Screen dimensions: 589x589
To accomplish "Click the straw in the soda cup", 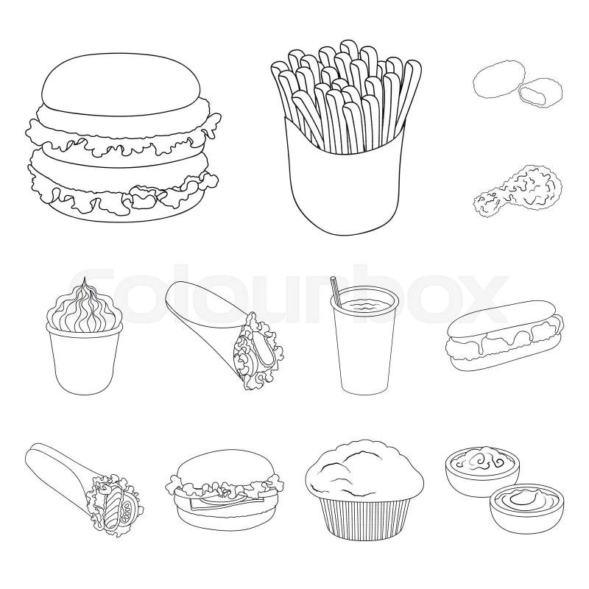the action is coord(336,291).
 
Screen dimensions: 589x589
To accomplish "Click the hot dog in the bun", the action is coord(505,340).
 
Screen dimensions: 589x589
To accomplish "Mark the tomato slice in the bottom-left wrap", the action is coord(130,507).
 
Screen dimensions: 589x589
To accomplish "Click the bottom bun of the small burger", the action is coord(225,518).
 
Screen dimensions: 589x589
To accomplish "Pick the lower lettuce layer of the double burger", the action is coord(124,190).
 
